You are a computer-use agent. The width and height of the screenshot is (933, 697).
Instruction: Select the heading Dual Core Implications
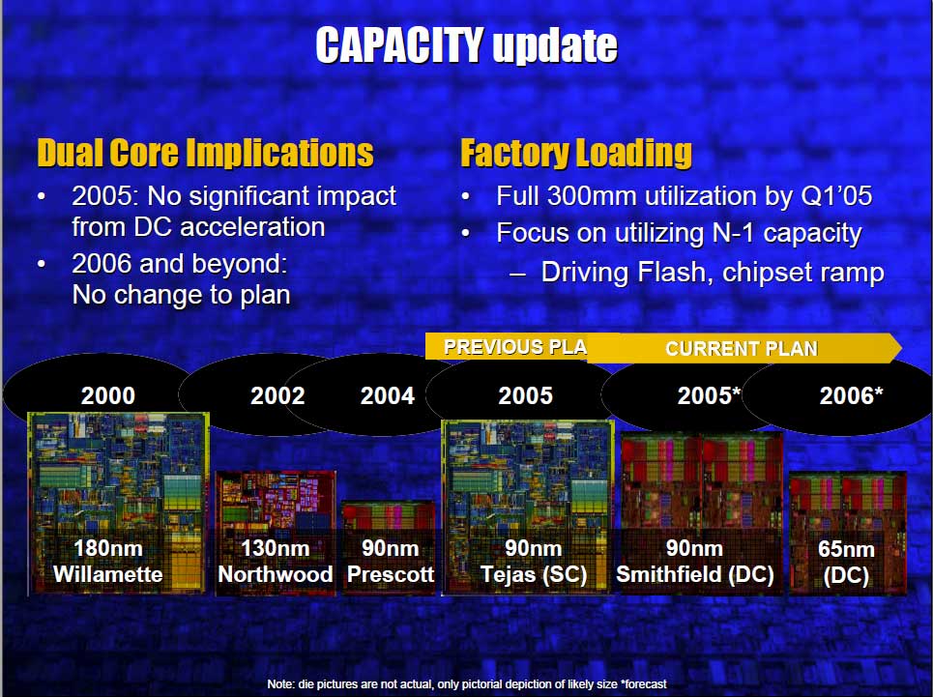pos(205,153)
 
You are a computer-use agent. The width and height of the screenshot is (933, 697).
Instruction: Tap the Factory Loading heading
pos(576,154)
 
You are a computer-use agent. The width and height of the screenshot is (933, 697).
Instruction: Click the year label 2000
pos(108,396)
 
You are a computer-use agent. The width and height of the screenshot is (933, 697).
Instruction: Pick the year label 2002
pos(277,396)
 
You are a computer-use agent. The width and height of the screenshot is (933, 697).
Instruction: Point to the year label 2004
pos(388,396)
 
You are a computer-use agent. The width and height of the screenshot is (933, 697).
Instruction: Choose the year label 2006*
pos(852,396)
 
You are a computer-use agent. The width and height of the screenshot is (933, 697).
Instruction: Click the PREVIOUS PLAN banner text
pos(515,347)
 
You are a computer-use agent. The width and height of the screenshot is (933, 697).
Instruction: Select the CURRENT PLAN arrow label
pos(742,348)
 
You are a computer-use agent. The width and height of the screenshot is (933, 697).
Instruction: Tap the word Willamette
pos(107,574)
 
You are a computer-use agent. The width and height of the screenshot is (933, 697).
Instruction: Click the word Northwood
pos(275,574)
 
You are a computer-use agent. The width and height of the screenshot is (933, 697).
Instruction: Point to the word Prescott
pos(391,574)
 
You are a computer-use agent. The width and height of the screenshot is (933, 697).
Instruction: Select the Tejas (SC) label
pos(534,574)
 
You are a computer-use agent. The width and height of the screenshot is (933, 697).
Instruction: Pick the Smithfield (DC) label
pos(695,574)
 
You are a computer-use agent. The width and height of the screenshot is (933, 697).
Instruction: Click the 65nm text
pos(846,549)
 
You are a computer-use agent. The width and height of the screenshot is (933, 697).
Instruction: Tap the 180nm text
pos(108,548)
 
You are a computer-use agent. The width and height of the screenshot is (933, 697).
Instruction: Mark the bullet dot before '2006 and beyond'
pos(42,263)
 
